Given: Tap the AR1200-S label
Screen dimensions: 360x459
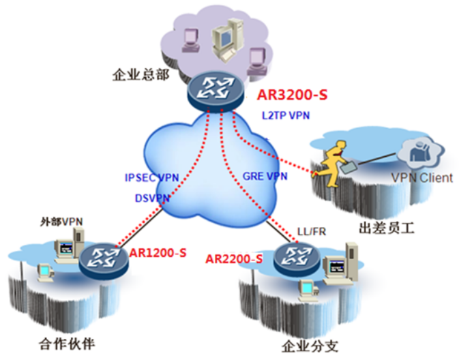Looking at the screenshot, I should tap(158, 253).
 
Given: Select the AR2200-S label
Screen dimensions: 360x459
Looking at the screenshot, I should tap(234, 259).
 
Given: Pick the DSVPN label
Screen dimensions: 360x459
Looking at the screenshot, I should tap(152, 198).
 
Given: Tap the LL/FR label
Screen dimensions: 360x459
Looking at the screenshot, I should tap(312, 231).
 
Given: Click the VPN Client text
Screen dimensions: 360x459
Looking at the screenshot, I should tap(421, 178).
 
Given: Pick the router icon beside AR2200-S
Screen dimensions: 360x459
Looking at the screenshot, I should tap(293, 258).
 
